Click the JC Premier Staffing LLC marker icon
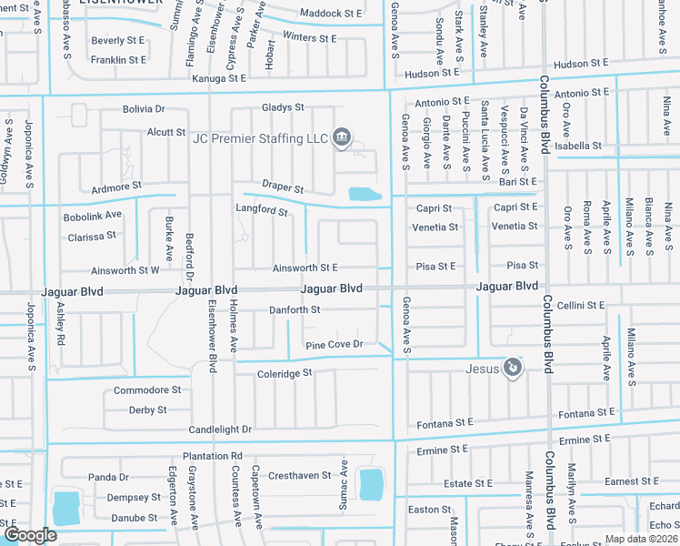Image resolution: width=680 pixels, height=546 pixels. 341,138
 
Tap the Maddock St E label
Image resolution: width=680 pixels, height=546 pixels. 331,15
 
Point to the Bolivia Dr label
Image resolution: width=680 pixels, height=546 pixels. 144,109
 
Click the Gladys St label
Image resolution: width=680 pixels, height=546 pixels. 283,107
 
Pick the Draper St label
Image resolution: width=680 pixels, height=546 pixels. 283,186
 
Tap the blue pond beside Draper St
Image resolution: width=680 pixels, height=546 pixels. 364,194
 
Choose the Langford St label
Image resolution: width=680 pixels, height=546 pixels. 262,211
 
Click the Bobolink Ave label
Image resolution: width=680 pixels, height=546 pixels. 92,216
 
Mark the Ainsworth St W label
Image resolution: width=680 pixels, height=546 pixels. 125,270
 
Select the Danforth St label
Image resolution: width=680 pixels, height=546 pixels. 295,310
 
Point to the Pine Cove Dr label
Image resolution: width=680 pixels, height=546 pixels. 334,345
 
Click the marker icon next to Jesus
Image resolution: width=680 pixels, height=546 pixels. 513,368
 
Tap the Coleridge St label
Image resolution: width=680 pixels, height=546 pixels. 285,373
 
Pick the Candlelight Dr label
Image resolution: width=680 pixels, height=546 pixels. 220,429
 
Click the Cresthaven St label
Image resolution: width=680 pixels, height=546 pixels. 299,476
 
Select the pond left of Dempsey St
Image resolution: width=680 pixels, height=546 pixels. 66,508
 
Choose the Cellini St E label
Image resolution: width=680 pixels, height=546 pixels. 581,306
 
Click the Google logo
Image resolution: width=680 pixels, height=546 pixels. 30,535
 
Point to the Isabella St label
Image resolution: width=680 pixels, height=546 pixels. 578,146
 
